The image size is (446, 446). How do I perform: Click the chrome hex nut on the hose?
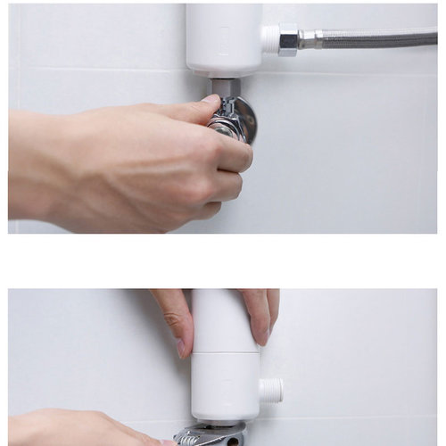coord(287,39)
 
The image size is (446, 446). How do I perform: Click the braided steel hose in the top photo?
coord(375,38)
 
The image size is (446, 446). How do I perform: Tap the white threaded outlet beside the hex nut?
coord(269,39)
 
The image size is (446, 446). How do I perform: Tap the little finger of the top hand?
coord(207,211)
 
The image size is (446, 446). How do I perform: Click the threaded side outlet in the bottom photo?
coord(270,390)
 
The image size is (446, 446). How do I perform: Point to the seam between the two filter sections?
coord(224,354)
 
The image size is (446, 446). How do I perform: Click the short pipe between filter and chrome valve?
coord(226,87)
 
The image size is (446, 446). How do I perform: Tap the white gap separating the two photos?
coord(223,260)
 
